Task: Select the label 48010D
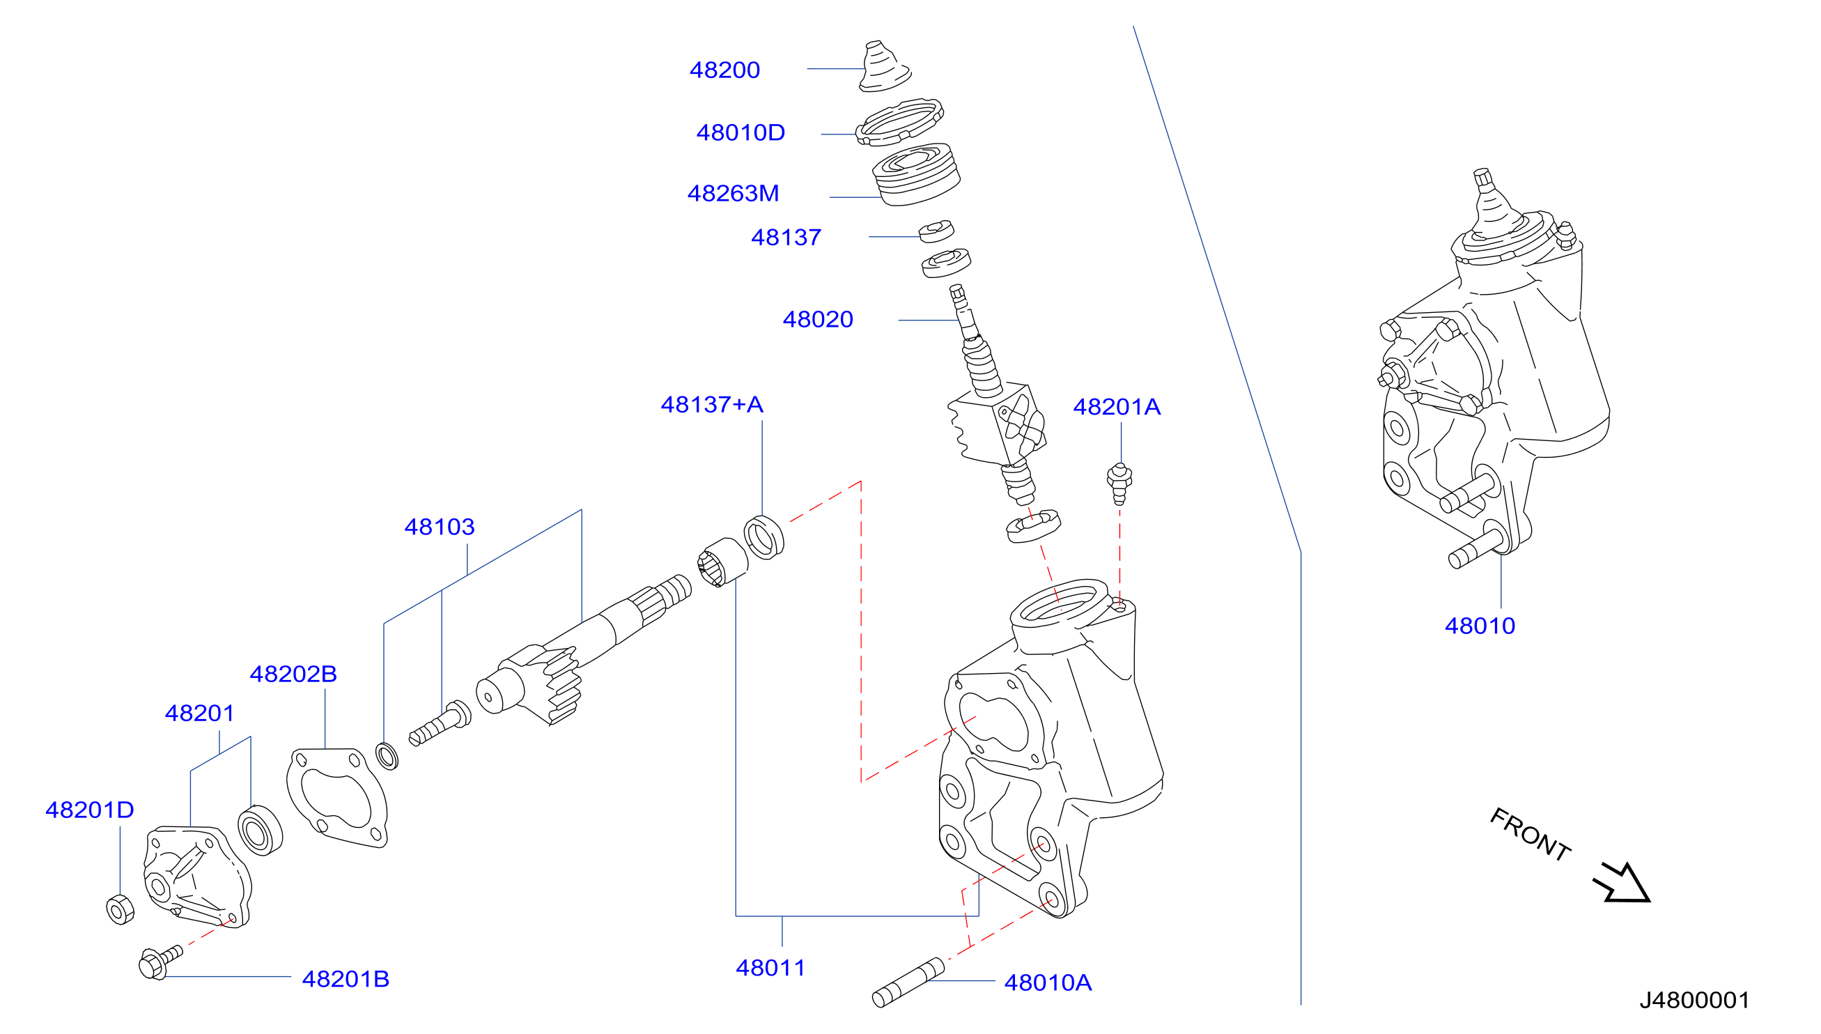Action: pos(741,132)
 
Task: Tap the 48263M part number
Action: pos(733,193)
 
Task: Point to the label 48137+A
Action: pos(712,404)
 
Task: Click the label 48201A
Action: pos(1117,406)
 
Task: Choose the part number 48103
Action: pos(440,526)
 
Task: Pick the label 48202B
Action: pos(293,673)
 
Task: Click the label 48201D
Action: pos(89,810)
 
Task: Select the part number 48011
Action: pos(770,967)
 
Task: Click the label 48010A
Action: pos(1048,982)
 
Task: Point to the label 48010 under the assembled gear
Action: pos(1480,626)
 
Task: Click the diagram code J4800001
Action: pos(1694,1000)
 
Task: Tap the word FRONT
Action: pos(1530,835)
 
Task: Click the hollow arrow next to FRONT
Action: pos(1622,883)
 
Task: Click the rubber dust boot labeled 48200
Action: pos(885,67)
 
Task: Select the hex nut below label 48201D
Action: pos(120,910)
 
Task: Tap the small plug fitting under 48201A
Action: pos(1119,483)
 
